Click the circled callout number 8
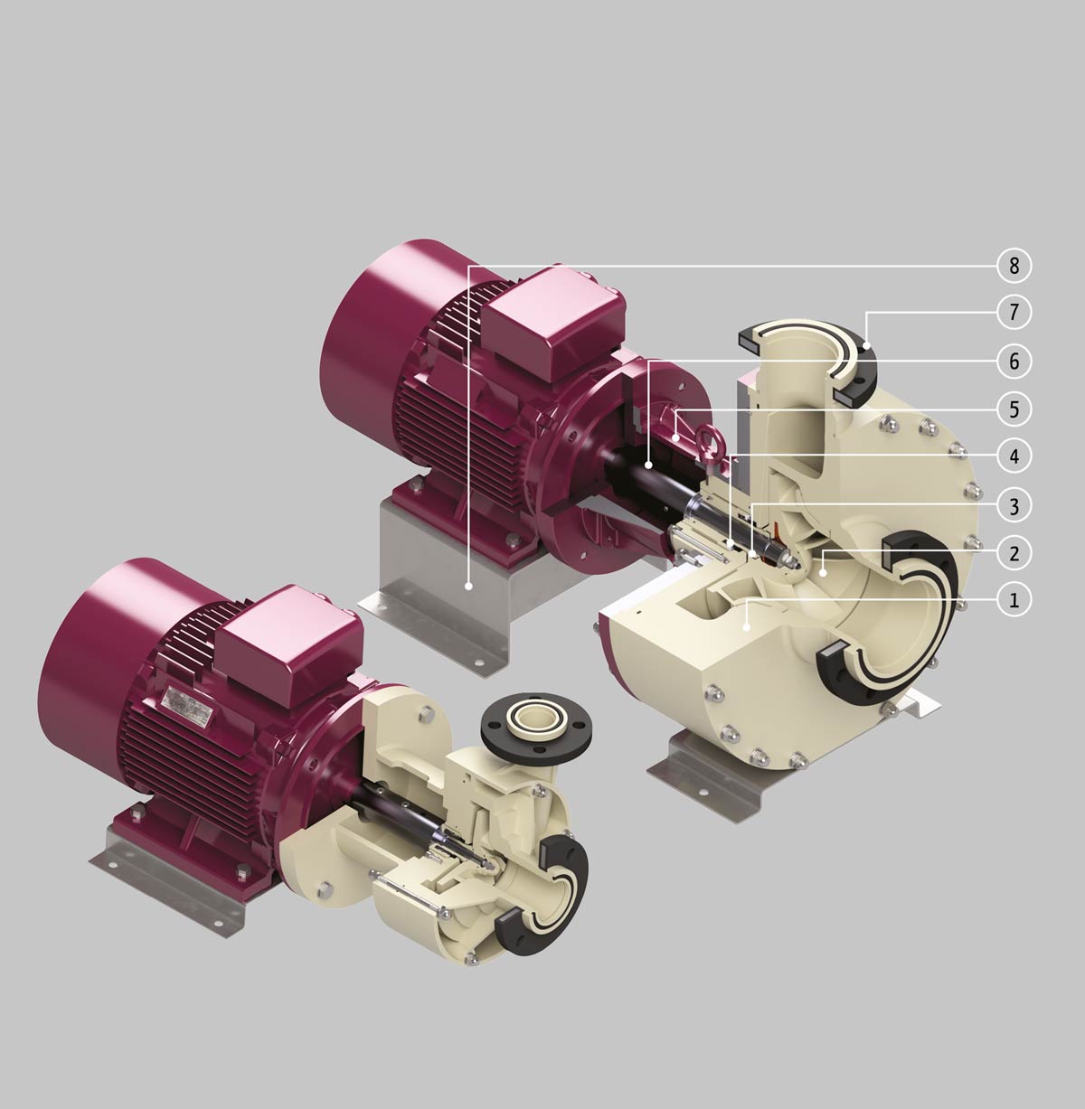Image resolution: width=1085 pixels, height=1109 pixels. click(1014, 266)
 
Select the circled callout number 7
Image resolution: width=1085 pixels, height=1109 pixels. click(1014, 313)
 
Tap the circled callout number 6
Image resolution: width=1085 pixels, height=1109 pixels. click(1014, 362)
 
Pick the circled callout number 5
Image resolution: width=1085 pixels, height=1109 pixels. click(1014, 409)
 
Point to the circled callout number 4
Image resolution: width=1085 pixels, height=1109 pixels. click(1014, 456)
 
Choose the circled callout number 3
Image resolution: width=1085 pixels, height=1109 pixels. click(1014, 506)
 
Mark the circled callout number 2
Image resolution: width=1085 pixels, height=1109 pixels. click(1014, 553)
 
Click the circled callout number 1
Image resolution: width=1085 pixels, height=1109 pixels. click(1014, 600)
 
